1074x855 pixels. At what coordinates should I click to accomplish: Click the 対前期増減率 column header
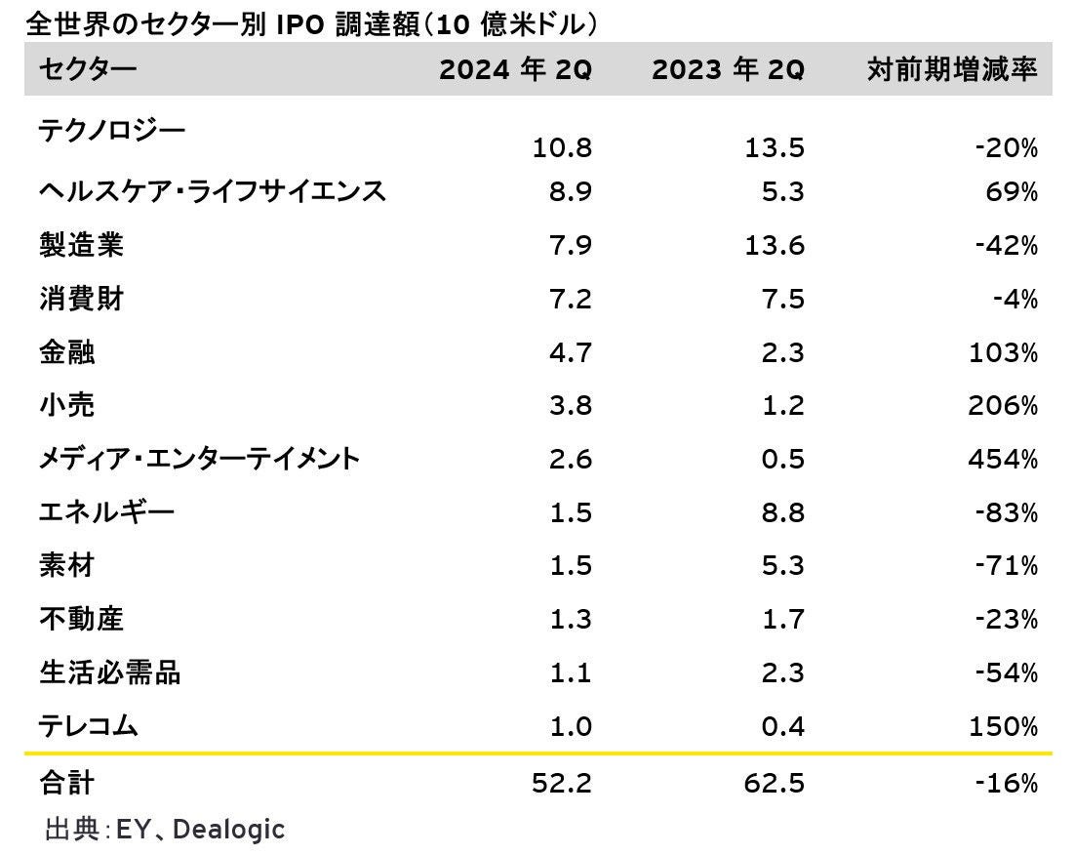tap(951, 70)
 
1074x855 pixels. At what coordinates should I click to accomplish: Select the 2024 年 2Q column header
tap(515, 70)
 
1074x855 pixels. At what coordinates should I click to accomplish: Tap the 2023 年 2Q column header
tap(728, 70)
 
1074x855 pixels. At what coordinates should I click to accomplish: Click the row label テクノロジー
tap(111, 130)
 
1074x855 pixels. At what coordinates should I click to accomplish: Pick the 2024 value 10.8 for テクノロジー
tap(562, 148)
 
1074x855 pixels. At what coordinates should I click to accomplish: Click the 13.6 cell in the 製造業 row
tap(775, 245)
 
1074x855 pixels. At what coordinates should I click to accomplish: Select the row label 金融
tap(67, 351)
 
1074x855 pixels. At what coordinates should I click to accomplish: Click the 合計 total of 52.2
tap(562, 783)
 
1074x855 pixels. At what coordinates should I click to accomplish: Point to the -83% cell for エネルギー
tap(1007, 512)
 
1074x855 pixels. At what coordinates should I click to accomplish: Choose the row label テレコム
tap(89, 725)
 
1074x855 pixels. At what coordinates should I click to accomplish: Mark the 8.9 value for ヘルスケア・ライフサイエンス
tap(570, 192)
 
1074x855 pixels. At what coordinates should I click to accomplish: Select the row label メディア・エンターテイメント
tap(199, 458)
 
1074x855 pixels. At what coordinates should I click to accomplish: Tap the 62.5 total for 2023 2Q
tap(775, 783)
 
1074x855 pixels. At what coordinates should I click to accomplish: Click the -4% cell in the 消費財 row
tap(1014, 299)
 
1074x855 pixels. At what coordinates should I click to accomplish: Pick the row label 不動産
tap(82, 618)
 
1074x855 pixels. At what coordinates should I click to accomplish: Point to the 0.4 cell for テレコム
tap(782, 726)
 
